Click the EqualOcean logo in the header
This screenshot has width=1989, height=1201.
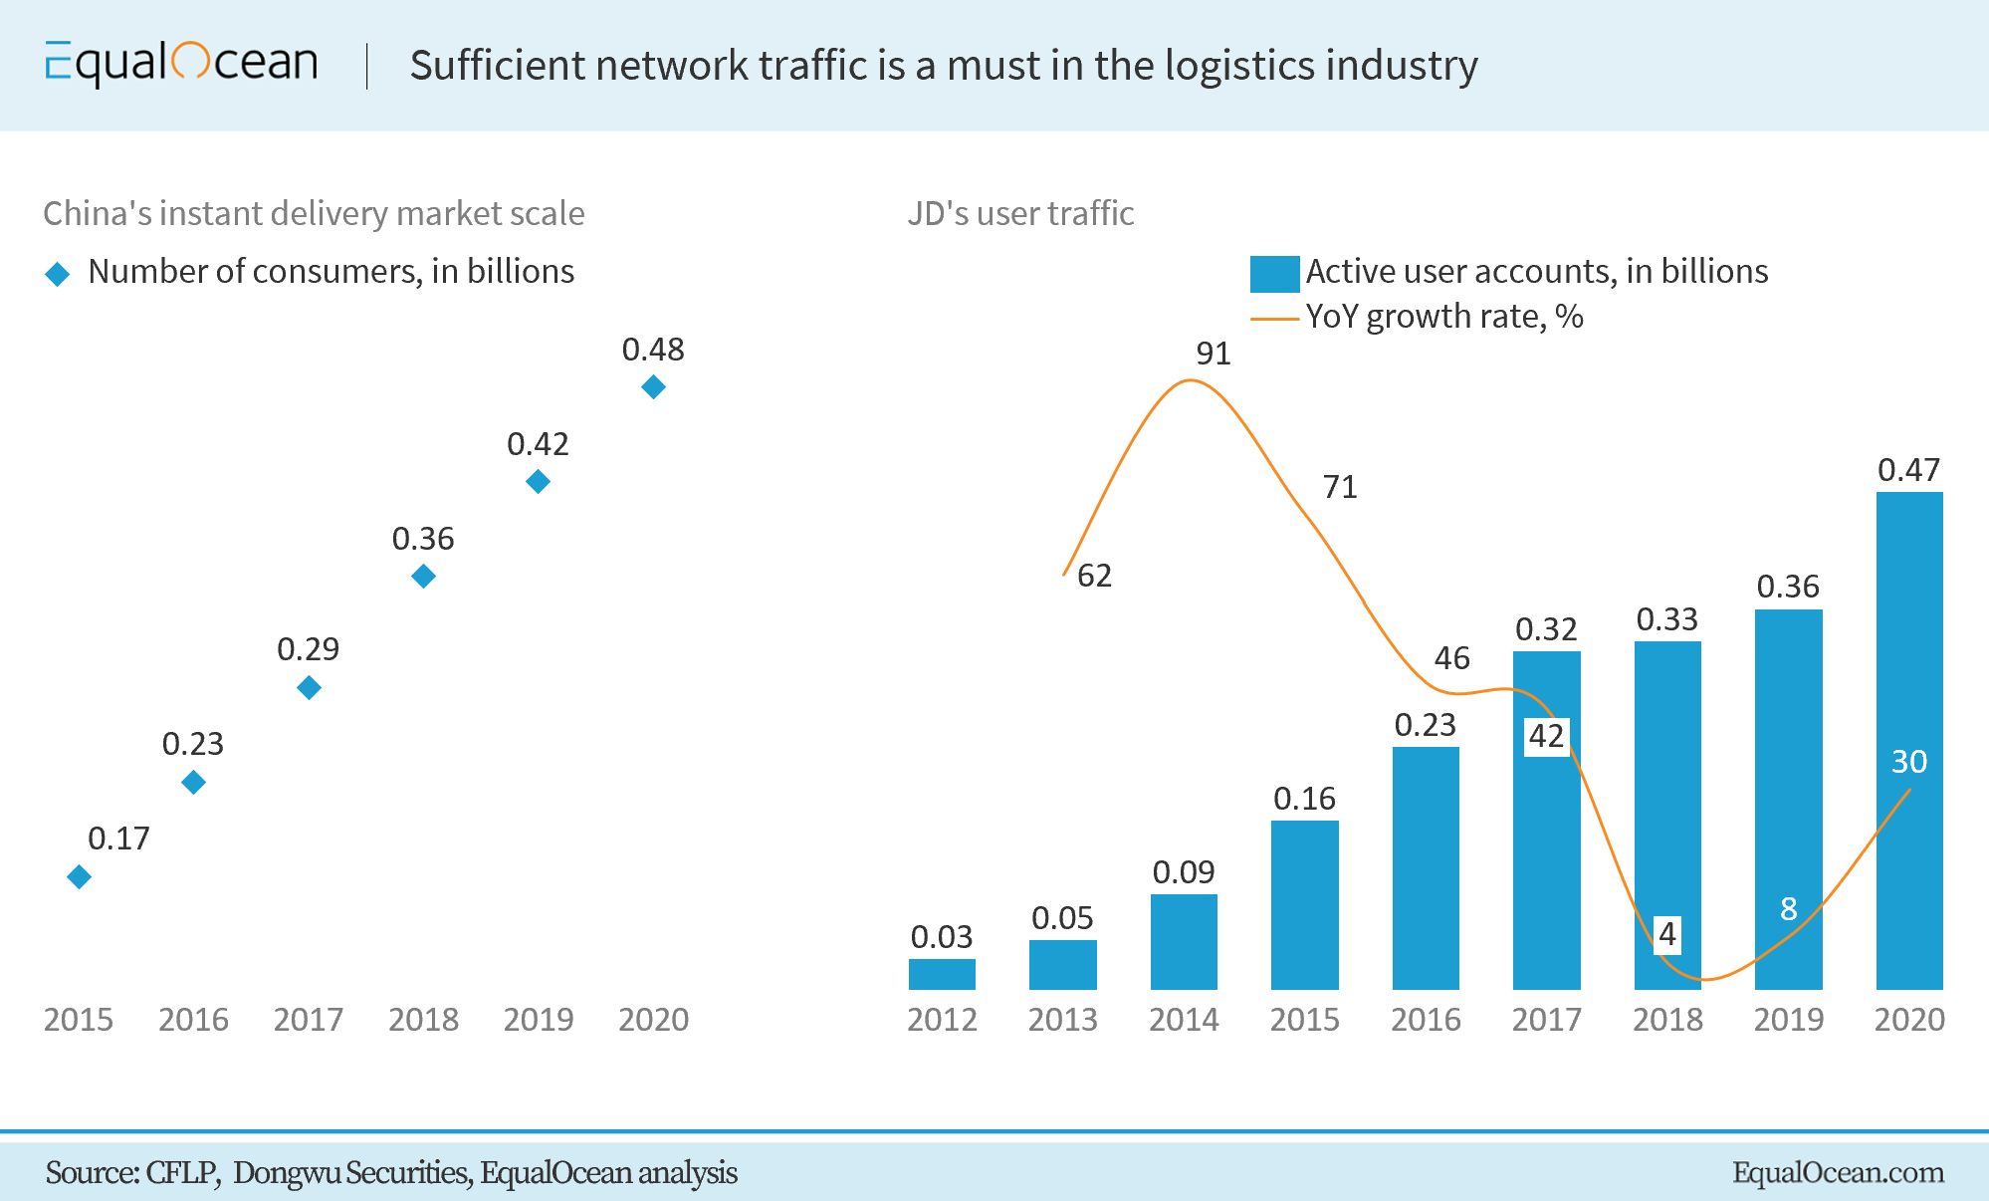tap(181, 64)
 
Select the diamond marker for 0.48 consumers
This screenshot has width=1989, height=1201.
tap(653, 386)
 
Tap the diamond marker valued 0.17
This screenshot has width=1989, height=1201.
tap(80, 876)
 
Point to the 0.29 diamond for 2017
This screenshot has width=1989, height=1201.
tap(309, 687)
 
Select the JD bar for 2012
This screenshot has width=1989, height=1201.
tap(942, 974)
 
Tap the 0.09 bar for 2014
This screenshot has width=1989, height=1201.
tap(1184, 941)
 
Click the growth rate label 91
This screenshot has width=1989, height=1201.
tap(1214, 354)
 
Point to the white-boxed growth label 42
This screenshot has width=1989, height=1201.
tap(1546, 736)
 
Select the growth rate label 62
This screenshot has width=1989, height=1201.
tap(1094, 576)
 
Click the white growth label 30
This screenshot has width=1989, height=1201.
tap(1908, 762)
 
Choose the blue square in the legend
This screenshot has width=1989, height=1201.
tap(1274, 274)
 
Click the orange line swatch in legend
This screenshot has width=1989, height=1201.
tap(1274, 319)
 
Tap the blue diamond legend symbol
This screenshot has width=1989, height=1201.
tap(58, 274)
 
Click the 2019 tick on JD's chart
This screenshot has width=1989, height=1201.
tap(1788, 1020)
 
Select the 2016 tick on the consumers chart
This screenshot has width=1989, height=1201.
tap(193, 1020)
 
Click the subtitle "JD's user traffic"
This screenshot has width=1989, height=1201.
tap(1020, 213)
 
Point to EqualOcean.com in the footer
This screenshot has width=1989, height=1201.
tap(1838, 1172)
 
